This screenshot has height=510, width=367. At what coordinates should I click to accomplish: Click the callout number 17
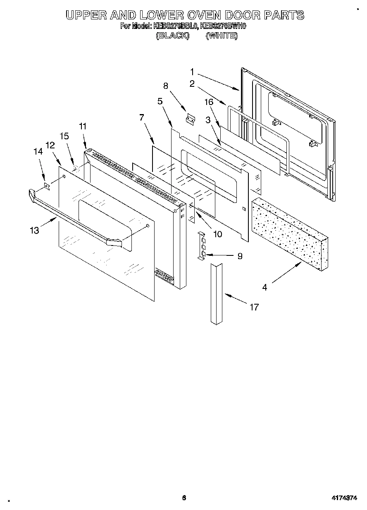[254, 307]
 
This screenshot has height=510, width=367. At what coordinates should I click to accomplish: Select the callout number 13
[34, 230]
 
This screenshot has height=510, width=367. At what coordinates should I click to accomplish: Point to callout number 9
[240, 256]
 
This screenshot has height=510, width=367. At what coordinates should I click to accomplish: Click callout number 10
[217, 234]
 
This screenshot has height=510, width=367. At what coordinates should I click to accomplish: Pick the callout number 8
[165, 86]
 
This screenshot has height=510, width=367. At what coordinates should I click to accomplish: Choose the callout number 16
[209, 102]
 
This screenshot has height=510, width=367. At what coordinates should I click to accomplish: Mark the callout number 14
[38, 152]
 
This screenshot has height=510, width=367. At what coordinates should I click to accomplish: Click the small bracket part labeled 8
[191, 119]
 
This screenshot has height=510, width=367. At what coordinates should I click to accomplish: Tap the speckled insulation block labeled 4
[289, 234]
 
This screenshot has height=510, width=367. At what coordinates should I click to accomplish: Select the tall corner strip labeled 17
[217, 293]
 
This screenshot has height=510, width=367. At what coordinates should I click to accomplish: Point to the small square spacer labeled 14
[47, 187]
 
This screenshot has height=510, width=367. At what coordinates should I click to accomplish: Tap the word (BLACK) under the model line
[173, 36]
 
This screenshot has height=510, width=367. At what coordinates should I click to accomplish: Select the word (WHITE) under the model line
[222, 36]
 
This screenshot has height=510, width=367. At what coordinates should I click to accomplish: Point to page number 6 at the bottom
[184, 498]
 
